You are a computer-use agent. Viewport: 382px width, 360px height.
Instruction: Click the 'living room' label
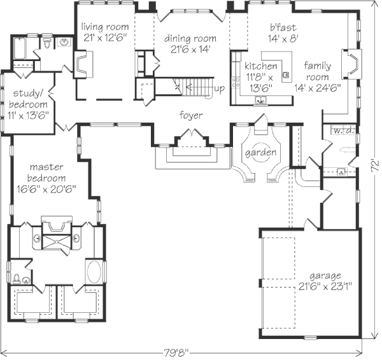click(105, 27)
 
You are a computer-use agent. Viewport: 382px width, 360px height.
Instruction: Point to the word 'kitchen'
click(261, 66)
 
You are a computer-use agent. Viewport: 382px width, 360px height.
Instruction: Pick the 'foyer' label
click(190, 115)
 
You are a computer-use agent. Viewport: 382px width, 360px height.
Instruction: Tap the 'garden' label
click(261, 153)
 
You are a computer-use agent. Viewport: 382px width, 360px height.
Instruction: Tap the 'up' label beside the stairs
click(218, 88)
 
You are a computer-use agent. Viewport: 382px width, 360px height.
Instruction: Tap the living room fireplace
click(83, 64)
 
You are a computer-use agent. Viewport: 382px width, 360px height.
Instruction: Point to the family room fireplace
click(350, 64)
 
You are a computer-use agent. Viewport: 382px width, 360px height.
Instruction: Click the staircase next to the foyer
click(194, 86)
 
